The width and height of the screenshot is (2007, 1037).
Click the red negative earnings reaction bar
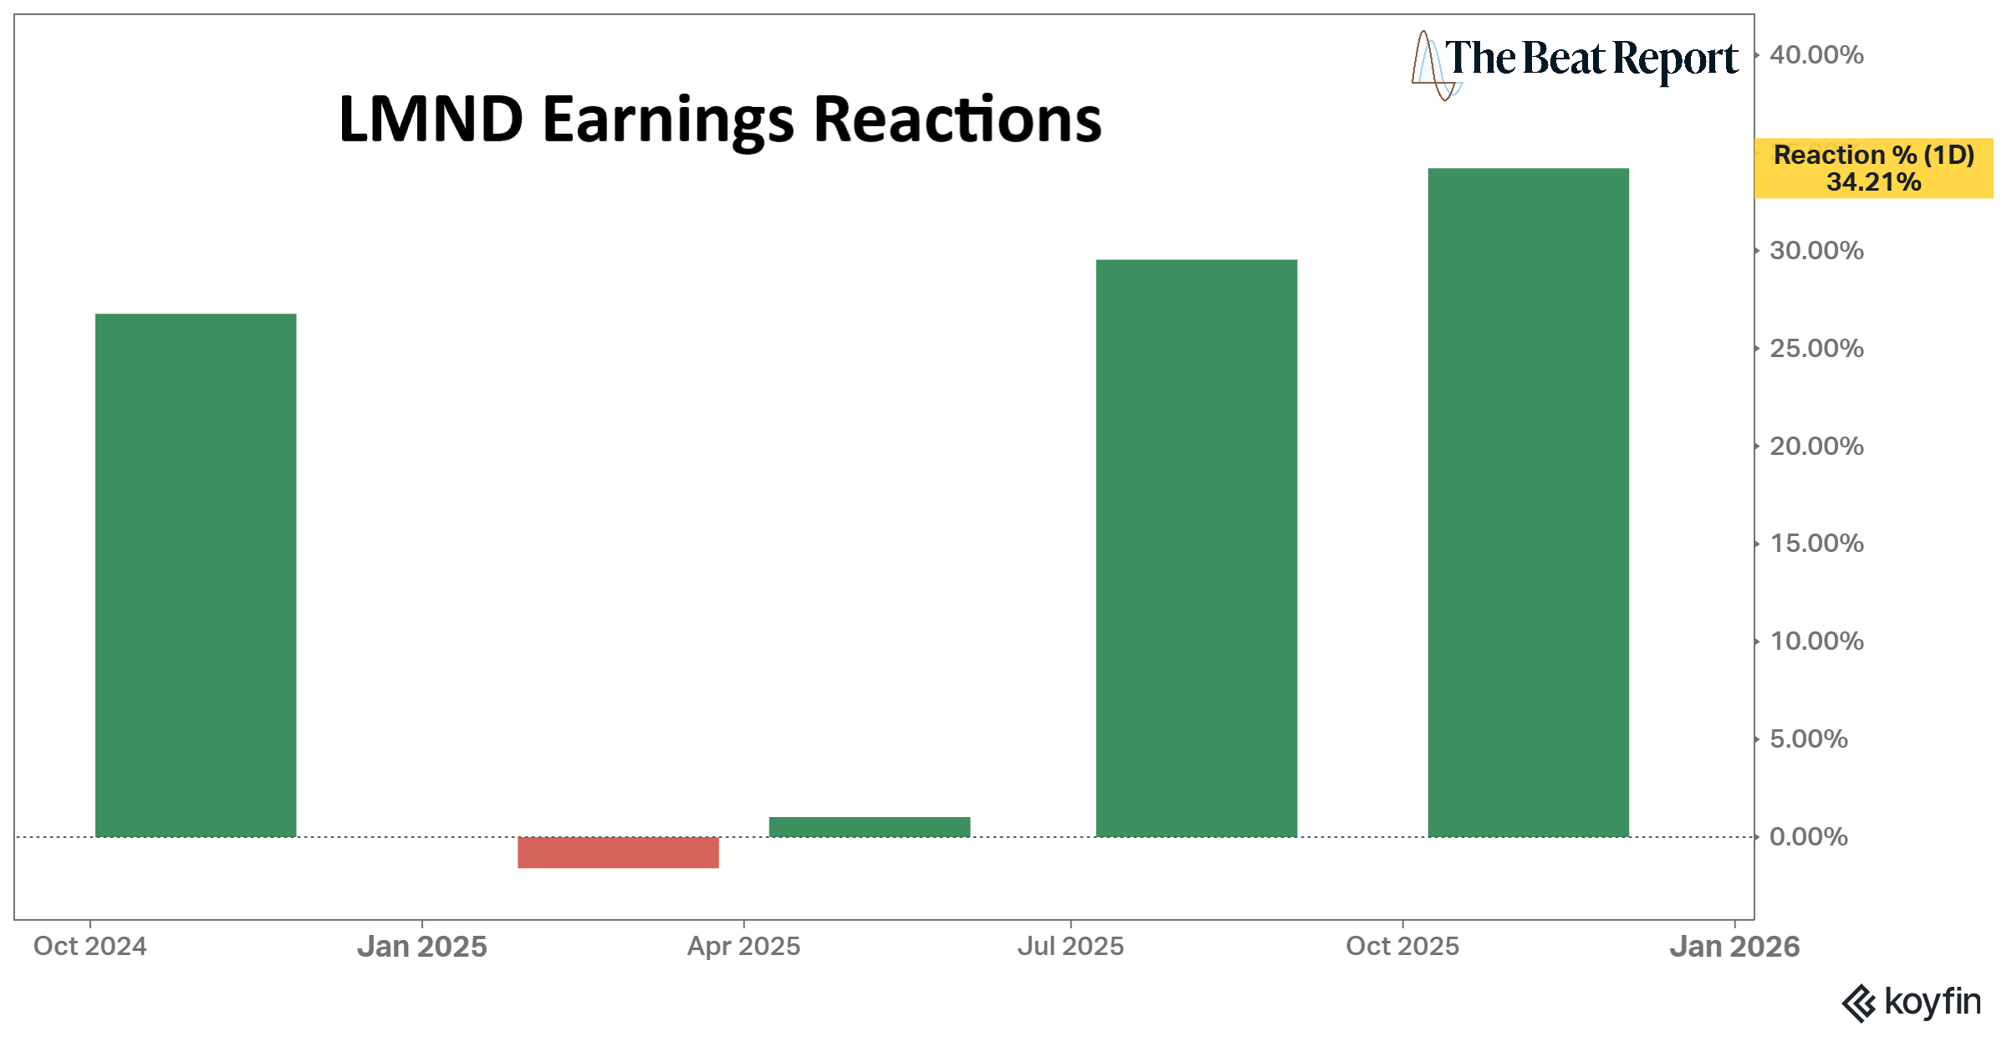click(618, 852)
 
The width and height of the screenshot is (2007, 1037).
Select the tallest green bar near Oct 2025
click(1528, 502)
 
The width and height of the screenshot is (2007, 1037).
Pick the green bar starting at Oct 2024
click(196, 575)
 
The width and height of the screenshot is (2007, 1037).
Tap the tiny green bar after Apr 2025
click(869, 827)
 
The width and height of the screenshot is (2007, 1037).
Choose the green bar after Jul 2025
click(1196, 548)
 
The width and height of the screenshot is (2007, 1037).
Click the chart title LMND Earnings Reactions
click(720, 120)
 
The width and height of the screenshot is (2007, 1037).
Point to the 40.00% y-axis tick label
click(1816, 55)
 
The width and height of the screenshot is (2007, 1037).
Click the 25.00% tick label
click(1816, 349)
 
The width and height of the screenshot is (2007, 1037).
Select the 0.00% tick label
click(1808, 837)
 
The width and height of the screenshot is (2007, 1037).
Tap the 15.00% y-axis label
click(1816, 544)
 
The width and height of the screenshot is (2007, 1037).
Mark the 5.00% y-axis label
click(1808, 739)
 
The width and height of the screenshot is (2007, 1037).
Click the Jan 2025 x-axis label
click(421, 947)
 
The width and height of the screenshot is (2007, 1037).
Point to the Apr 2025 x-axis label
click(743, 947)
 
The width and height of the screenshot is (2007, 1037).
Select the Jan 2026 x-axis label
click(1734, 947)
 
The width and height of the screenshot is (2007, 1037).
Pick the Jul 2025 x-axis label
click(1070, 947)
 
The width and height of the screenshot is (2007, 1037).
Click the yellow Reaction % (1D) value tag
click(1873, 168)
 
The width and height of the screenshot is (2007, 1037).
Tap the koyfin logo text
click(1932, 1002)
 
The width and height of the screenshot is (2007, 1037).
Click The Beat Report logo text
click(1591, 59)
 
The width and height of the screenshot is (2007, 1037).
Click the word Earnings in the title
click(667, 120)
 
